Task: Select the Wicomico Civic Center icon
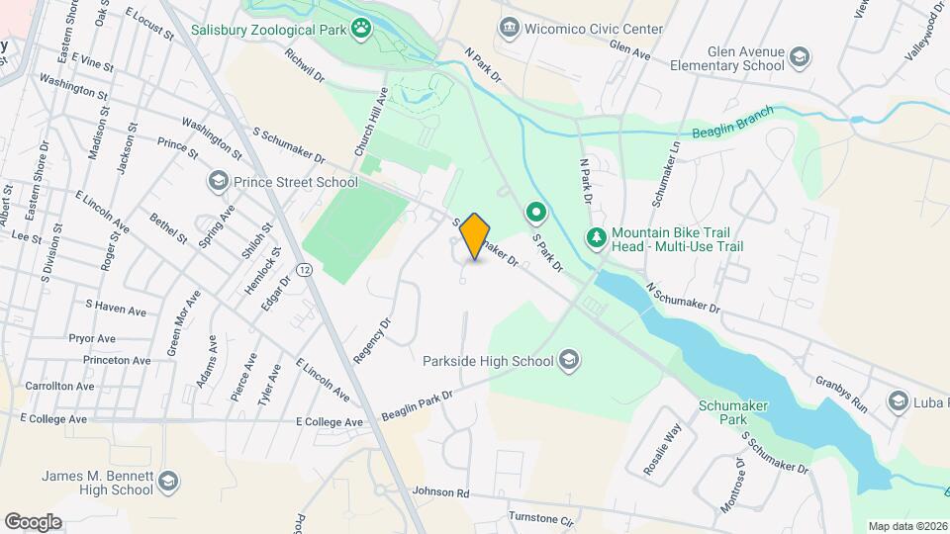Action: coord(510,26)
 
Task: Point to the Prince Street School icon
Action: coord(217,182)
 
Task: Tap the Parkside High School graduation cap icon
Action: coord(569,361)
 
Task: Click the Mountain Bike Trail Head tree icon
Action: coord(596,237)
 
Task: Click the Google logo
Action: coord(33,521)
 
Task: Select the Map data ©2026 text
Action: coord(905,526)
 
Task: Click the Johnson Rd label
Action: coord(439,491)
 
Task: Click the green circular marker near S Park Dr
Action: coord(536,213)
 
